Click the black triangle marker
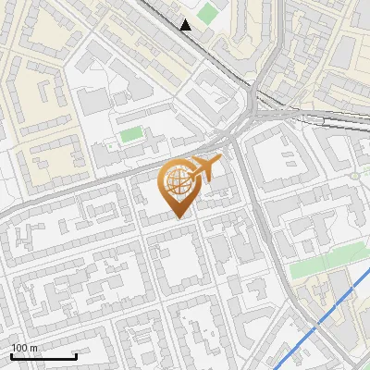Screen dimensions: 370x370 (186, 25)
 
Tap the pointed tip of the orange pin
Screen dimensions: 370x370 (179, 218)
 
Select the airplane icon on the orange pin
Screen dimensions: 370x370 (205, 169)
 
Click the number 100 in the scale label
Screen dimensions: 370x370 (19, 348)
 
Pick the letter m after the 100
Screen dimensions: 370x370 (33, 348)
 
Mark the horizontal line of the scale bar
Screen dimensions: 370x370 (43, 356)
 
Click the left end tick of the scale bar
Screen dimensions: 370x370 (10, 354)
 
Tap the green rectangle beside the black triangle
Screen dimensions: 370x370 (207, 14)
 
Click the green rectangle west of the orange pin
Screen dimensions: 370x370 (130, 135)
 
